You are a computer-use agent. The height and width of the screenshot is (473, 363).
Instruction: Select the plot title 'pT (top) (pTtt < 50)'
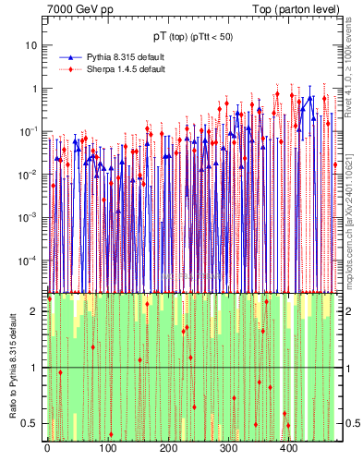pyautogui.click(x=193, y=36)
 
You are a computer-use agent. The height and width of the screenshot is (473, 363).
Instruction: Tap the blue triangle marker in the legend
pyautogui.click(x=71, y=57)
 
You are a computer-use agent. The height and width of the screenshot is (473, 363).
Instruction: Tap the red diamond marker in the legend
pyautogui.click(x=71, y=69)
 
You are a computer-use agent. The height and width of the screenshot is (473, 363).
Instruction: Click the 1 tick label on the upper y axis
pyautogui.click(x=34, y=89)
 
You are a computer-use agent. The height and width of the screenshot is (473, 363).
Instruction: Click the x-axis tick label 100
pyautogui.click(x=107, y=450)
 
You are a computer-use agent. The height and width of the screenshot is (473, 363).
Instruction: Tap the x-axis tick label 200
pyautogui.click(x=168, y=450)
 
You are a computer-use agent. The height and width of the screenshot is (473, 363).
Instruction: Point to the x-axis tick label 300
pyautogui.click(x=228, y=450)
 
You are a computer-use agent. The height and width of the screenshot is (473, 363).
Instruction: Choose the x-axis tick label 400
pyautogui.click(x=288, y=450)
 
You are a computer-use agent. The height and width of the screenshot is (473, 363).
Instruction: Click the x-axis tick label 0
pyautogui.click(x=47, y=450)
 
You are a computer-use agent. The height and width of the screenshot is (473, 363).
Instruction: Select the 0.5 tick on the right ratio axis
pyautogui.click(x=350, y=423)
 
